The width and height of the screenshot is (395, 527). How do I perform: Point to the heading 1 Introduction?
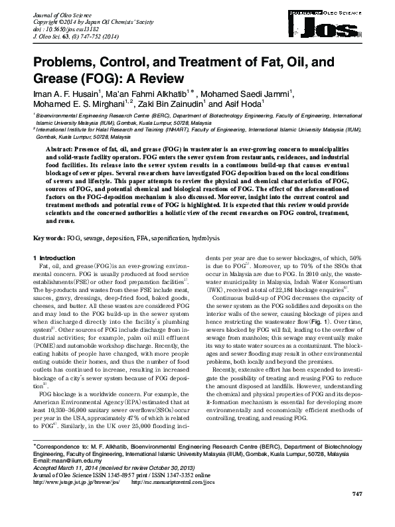click(56, 257)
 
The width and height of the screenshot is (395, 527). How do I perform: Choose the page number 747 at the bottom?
click(356, 513)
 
